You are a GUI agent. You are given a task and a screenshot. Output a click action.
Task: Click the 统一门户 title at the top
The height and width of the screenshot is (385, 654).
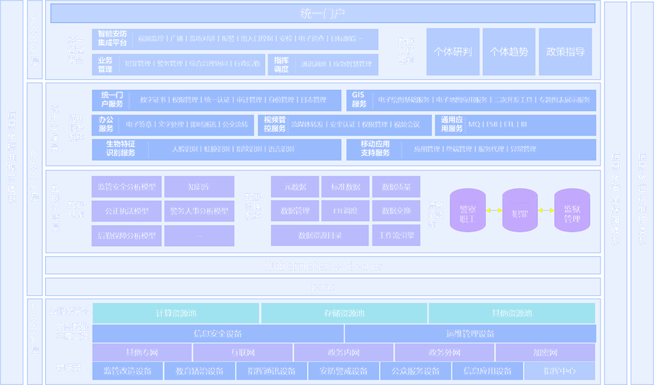[x=323, y=14]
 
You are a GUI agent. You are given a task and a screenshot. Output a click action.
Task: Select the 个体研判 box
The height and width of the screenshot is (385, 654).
[x=453, y=52]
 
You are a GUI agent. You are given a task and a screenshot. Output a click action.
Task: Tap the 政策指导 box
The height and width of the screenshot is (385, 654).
[x=565, y=52]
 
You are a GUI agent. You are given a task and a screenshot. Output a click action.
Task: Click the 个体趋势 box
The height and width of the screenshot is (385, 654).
[x=509, y=52]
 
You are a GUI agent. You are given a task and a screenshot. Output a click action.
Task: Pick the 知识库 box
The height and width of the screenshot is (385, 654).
[x=199, y=187]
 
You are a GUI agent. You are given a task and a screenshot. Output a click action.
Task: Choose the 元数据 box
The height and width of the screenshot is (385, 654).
[x=295, y=187]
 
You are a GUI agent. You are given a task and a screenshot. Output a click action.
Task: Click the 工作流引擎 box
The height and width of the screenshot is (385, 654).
[x=396, y=236]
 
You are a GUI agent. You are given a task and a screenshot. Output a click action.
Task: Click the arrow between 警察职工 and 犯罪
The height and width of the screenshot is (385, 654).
[x=494, y=210]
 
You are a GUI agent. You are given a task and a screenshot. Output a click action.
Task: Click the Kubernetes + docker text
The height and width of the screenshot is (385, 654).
[x=323, y=266]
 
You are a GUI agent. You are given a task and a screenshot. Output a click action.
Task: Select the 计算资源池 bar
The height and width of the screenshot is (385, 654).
[x=175, y=314]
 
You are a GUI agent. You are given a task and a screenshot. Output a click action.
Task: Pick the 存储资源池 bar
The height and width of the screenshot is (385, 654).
[x=344, y=314]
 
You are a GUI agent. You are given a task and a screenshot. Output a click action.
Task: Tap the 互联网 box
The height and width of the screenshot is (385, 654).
[x=243, y=353]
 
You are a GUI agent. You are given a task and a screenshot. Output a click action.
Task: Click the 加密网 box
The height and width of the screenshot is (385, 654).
[x=545, y=353]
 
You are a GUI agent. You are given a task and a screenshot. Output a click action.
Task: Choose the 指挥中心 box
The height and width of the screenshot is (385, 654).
[x=559, y=371]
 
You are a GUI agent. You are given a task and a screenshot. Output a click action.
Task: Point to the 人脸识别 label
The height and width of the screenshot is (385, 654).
[x=185, y=149]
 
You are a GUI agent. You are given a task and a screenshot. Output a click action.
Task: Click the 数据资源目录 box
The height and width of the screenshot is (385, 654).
[x=320, y=236]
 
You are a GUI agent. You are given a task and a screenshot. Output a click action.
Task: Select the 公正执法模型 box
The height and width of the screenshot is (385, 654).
[x=126, y=211]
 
